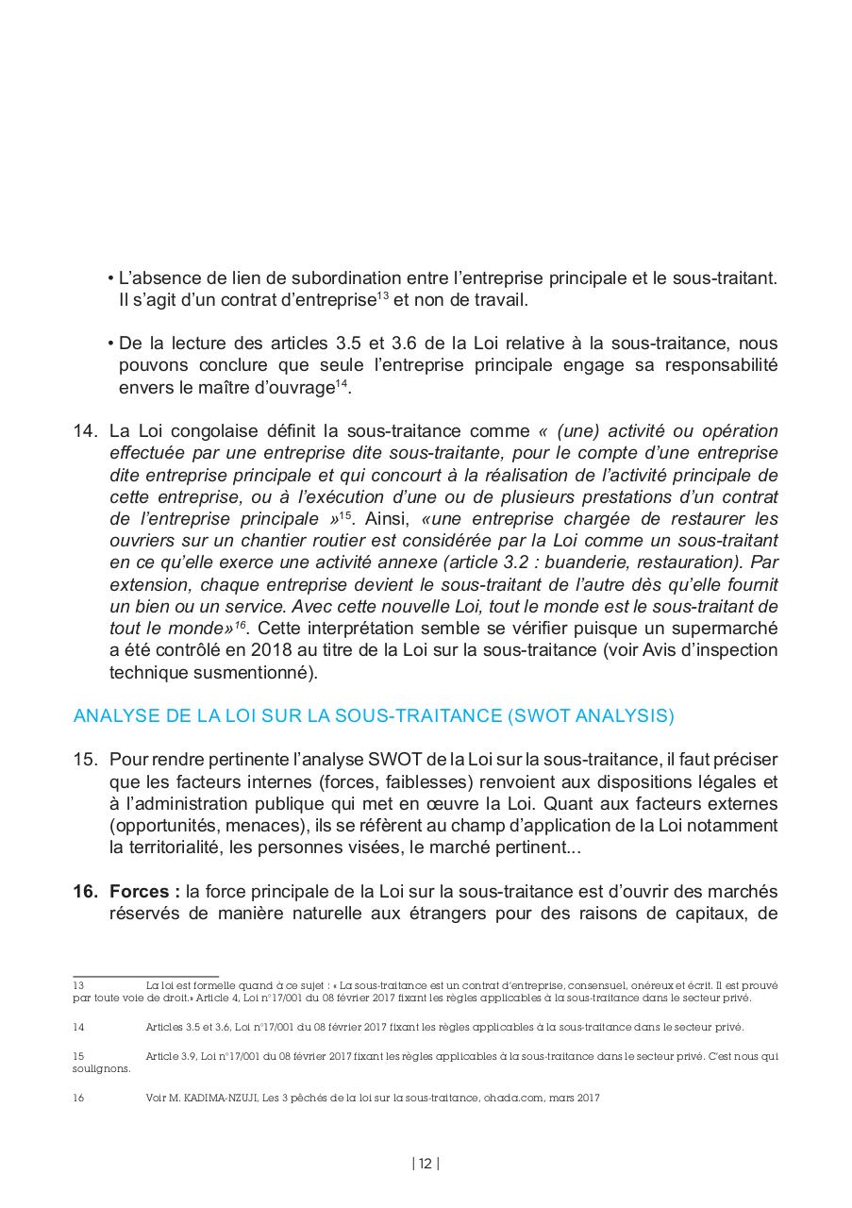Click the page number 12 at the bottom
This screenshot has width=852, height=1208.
click(426, 1164)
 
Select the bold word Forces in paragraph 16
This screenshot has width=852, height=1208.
click(139, 892)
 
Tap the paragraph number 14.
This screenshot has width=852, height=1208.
click(85, 431)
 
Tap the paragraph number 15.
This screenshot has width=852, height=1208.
click(85, 760)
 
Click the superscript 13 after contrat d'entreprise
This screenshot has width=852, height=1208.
click(383, 296)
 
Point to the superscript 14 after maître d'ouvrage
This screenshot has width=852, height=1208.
click(342, 383)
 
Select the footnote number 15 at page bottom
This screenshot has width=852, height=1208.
click(78, 1056)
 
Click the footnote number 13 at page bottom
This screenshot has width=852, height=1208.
click(78, 984)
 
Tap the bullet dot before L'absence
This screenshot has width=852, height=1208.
click(111, 279)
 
